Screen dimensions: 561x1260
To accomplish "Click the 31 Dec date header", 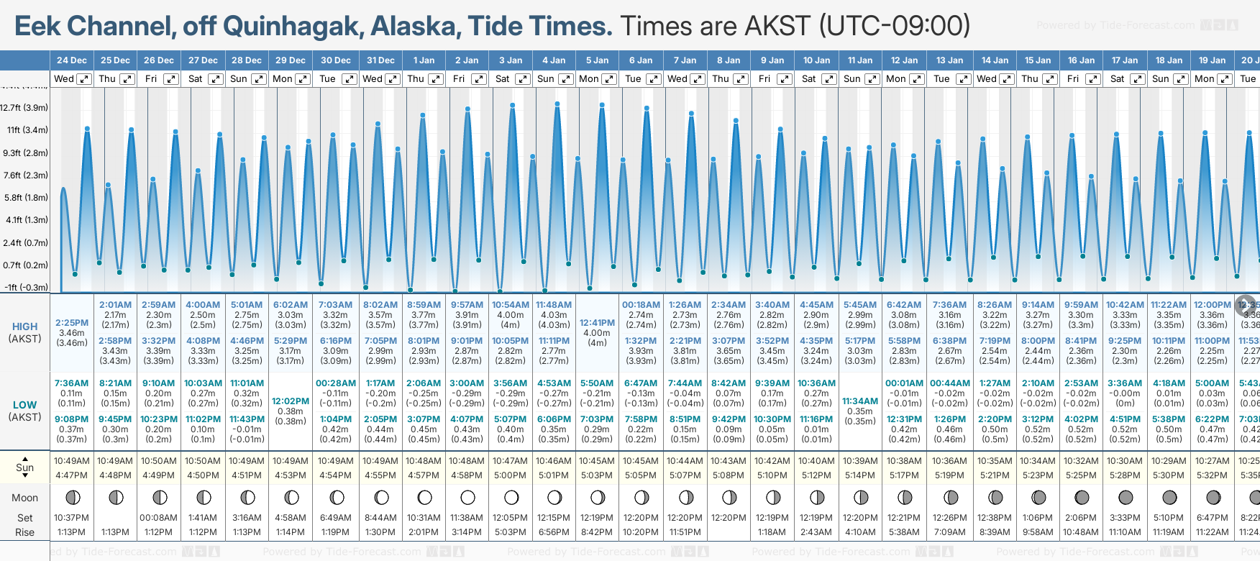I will (380, 60).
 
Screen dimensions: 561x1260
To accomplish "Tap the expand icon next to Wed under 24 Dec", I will (84, 79).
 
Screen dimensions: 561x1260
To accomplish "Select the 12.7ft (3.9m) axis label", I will (24, 108).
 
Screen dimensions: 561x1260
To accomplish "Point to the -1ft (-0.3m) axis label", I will (26, 288).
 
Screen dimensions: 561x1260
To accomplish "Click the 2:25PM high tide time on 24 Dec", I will (72, 323).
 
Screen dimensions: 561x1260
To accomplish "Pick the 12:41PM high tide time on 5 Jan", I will (597, 323).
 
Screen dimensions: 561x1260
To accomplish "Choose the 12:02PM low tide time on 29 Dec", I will (291, 401).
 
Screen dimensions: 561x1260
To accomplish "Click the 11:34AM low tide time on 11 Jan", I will (860, 401).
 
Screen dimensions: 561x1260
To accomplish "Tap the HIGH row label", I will (25, 327).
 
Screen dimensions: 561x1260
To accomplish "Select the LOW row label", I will (25, 405).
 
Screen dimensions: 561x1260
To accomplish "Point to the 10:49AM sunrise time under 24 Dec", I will (72, 461).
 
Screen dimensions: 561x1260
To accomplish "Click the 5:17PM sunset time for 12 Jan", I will (904, 475).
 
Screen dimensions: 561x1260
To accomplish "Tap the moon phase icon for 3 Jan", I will (511, 497).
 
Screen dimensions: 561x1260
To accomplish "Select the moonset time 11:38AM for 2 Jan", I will (467, 518).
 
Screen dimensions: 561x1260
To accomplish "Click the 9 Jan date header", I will (772, 60).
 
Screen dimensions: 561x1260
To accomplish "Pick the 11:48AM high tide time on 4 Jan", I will (554, 305).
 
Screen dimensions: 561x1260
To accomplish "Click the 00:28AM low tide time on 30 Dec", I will (336, 383).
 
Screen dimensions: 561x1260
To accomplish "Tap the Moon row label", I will (25, 498).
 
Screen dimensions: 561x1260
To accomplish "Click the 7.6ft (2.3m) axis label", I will (24, 175).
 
